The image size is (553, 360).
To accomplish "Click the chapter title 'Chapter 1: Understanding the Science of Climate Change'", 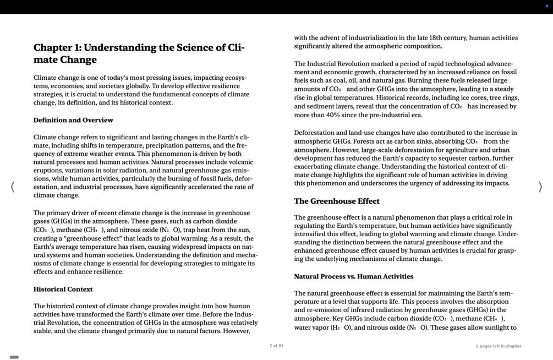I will point(139,53).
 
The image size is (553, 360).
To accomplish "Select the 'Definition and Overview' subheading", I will point(73,120).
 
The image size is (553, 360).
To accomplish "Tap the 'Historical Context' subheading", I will point(63,289).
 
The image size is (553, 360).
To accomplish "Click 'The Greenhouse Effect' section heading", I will point(337,201).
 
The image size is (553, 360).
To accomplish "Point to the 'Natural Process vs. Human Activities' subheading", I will point(353,276).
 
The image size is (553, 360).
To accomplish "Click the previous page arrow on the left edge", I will point(13,187).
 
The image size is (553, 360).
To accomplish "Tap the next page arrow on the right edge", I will point(540,187).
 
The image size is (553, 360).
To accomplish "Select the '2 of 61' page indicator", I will point(276,346).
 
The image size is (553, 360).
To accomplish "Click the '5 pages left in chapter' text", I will point(498,346).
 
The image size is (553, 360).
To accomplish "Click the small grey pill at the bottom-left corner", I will point(14,357).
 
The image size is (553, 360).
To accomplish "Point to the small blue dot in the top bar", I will point(546,6).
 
